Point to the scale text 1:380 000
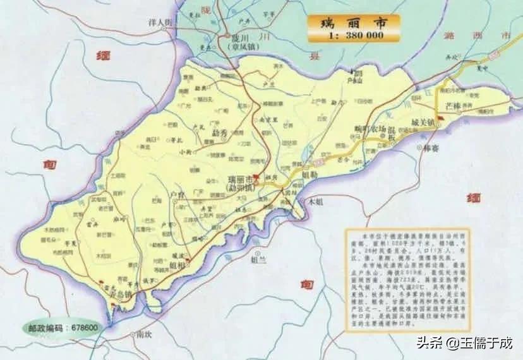click(354, 35)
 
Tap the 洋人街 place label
click(160, 23)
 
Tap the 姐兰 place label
click(259, 259)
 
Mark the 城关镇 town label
click(422, 122)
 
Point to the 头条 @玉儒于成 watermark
click(464, 344)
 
